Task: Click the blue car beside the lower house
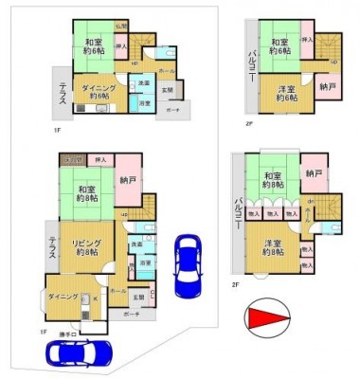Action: pos(188,265)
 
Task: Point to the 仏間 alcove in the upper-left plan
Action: pos(121,27)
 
